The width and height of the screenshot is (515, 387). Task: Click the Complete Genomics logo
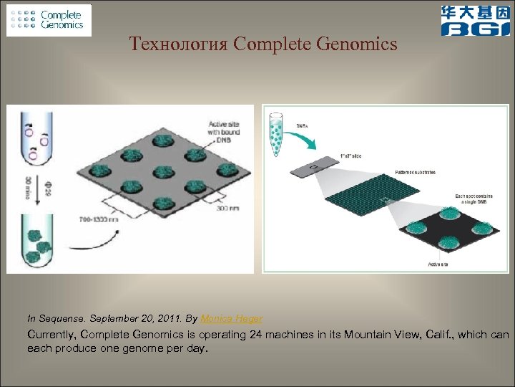tap(49, 20)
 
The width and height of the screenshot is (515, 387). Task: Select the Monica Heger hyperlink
tap(232, 318)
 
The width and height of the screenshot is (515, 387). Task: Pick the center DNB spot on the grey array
tap(161, 173)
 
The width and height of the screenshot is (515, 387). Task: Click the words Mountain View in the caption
tap(384, 335)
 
